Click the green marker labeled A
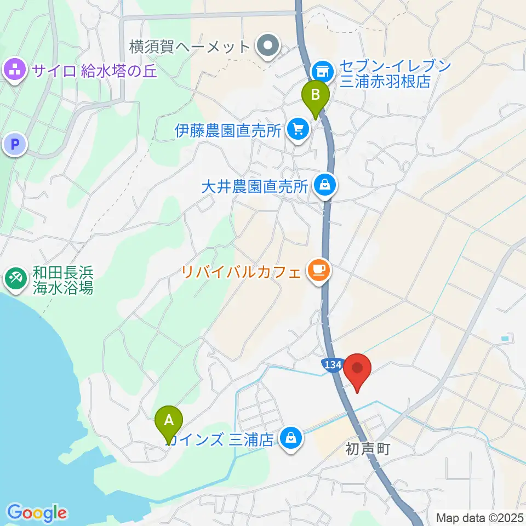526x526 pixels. point(169,421)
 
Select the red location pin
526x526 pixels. point(358,368)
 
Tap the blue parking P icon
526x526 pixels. point(15,145)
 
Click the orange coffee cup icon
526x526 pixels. point(318,270)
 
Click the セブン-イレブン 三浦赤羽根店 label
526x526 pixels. point(395,74)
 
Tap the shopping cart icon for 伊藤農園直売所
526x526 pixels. point(299,130)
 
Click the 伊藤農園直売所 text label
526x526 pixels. point(228,130)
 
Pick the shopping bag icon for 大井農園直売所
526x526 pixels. point(325,185)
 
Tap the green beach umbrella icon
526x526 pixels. point(15,279)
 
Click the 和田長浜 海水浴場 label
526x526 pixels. point(62,279)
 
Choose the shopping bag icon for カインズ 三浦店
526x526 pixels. point(290,437)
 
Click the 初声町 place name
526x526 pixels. point(367,449)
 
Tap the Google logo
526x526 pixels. point(37,512)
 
